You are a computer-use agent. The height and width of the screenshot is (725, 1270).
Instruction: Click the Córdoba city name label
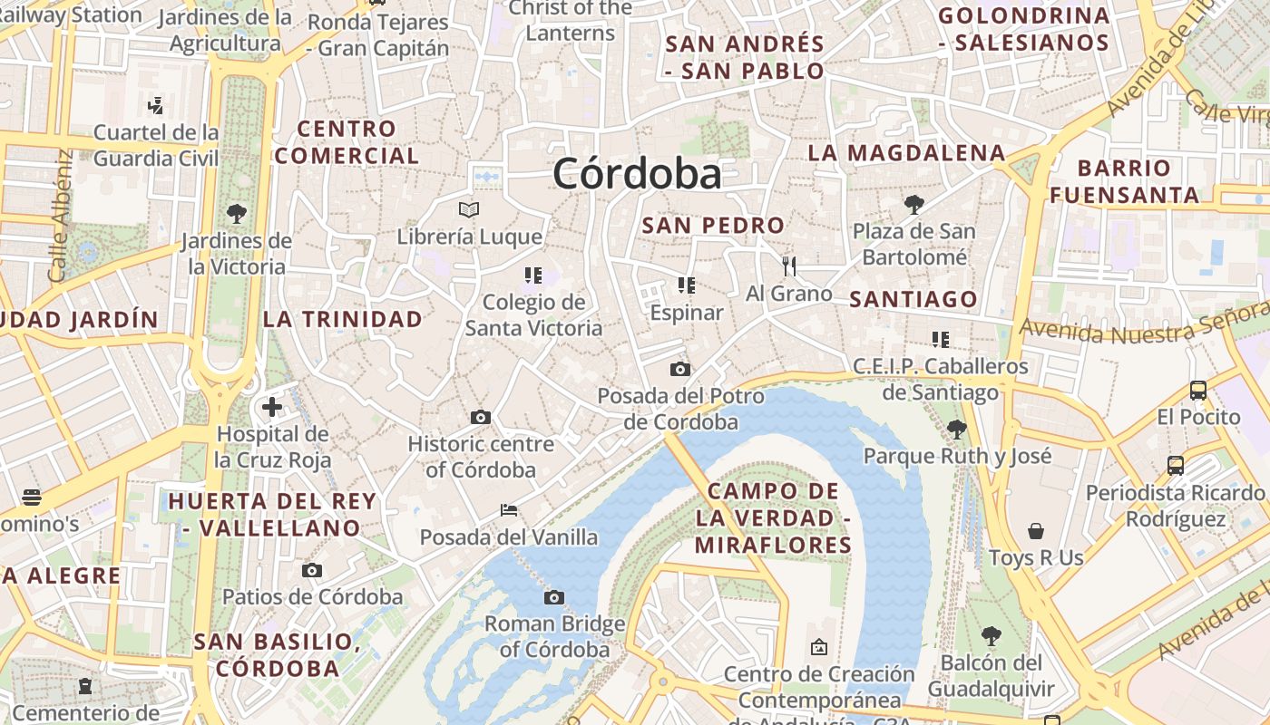[x=637, y=174]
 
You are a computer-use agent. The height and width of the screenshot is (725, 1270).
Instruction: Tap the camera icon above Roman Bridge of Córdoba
[x=554, y=597]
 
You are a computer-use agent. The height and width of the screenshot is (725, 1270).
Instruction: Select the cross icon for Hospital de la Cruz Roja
[x=271, y=406]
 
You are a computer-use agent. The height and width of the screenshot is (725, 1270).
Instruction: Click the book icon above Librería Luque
[x=469, y=210]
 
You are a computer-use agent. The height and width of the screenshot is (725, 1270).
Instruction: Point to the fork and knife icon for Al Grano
[x=788, y=266]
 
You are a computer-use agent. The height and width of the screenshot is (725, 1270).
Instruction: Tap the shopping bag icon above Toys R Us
[x=1036, y=530]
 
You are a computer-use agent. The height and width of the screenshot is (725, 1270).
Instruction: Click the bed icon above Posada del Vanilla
[x=509, y=510]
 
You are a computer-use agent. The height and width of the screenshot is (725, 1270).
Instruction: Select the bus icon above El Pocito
[x=1198, y=391]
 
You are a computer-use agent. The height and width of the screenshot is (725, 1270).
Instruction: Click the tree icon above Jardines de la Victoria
[x=237, y=214]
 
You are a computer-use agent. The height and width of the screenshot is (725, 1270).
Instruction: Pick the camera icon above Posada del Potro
[x=679, y=369]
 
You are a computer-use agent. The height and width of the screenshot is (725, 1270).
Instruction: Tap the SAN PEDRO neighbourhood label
[x=713, y=226]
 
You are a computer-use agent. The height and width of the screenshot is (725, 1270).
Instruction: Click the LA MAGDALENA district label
[x=906, y=153]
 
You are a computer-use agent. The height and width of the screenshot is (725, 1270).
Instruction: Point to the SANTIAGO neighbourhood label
[x=913, y=299]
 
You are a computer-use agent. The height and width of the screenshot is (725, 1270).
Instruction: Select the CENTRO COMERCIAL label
[x=347, y=142]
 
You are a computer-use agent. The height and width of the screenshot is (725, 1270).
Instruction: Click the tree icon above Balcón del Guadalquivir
[x=992, y=636]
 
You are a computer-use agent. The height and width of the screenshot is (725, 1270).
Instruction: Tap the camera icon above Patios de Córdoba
[x=312, y=570]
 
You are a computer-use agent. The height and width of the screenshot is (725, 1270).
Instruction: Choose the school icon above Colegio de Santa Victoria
[x=532, y=275]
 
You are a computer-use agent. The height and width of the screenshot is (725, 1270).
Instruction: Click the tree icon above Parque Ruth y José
[x=956, y=429]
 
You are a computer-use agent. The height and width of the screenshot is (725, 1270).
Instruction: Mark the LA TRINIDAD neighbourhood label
[x=343, y=319]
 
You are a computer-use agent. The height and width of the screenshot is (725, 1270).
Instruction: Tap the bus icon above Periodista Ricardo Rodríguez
[x=1176, y=466]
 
